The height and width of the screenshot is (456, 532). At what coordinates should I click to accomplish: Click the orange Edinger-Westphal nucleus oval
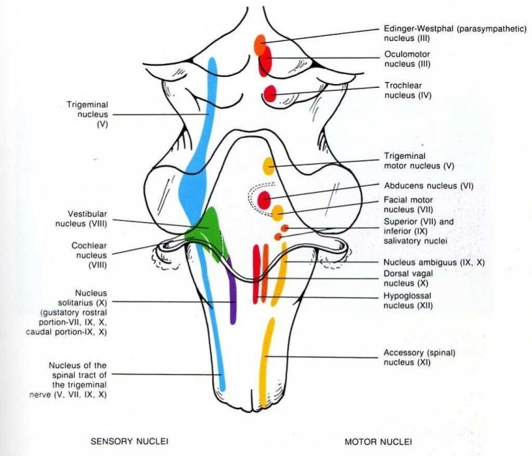[x=260, y=44]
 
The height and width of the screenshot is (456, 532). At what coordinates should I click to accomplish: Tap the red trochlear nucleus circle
[x=270, y=94]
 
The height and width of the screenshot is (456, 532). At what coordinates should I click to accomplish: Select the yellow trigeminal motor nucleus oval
[x=269, y=166]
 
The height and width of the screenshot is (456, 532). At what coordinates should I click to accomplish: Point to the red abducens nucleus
[x=265, y=200]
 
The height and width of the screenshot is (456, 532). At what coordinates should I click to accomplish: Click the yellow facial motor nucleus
[x=278, y=213]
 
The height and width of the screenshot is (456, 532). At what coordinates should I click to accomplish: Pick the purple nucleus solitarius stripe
[x=231, y=292]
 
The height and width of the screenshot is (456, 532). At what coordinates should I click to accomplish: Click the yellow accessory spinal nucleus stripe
[x=266, y=362]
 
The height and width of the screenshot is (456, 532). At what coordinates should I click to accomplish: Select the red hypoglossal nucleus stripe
[x=256, y=273]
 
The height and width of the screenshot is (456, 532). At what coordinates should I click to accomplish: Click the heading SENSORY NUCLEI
[x=129, y=441]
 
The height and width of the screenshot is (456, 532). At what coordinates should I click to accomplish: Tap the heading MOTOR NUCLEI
[x=378, y=442]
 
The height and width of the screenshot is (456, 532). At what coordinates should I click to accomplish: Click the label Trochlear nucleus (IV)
[x=408, y=91]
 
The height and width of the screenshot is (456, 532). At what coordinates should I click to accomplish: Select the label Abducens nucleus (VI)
[x=428, y=186]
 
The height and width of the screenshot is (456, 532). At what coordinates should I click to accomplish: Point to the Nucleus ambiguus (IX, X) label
[x=434, y=262]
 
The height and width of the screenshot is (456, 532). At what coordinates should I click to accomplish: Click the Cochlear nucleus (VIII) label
[x=89, y=255]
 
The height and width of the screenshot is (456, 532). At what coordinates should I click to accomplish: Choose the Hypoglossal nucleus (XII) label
[x=408, y=301]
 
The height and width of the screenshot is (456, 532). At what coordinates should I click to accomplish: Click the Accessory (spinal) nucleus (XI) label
[x=419, y=357]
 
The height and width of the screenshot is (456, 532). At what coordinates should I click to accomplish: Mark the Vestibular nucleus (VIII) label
[x=81, y=219]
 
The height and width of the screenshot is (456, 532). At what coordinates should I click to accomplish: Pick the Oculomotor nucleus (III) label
[x=407, y=59]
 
